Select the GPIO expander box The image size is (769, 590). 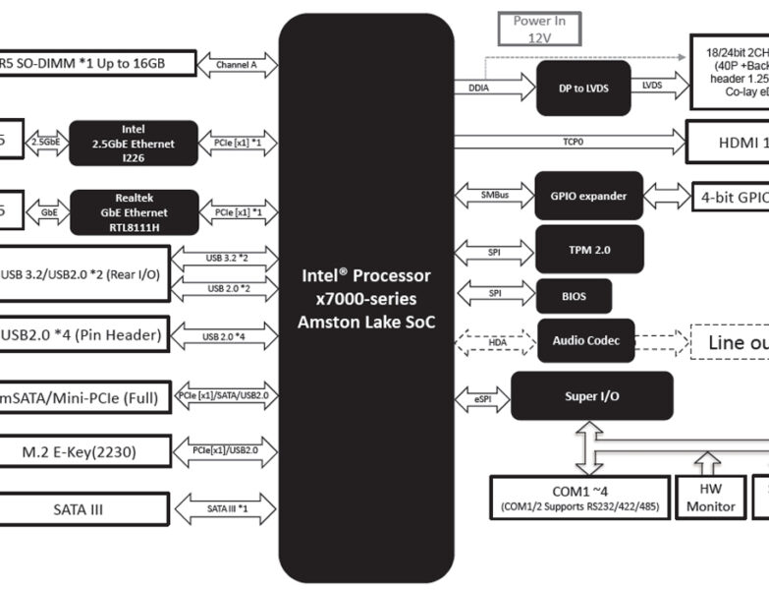(588, 196)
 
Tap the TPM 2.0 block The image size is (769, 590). (589, 250)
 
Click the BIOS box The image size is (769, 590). (574, 295)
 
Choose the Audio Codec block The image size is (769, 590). (585, 341)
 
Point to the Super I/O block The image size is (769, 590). (591, 395)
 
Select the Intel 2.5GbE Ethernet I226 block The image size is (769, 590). (134, 144)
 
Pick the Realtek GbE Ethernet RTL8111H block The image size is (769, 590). (134, 212)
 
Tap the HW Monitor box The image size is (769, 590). (710, 498)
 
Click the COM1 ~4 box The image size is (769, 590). (579, 498)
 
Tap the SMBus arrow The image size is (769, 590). (494, 196)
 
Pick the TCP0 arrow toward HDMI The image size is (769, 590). (570, 142)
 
